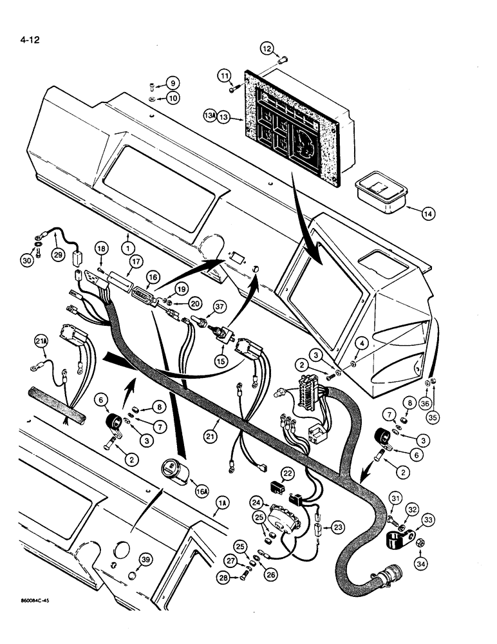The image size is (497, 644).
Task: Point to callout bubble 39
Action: click(147, 560)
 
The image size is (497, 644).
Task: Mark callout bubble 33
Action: click(425, 521)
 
